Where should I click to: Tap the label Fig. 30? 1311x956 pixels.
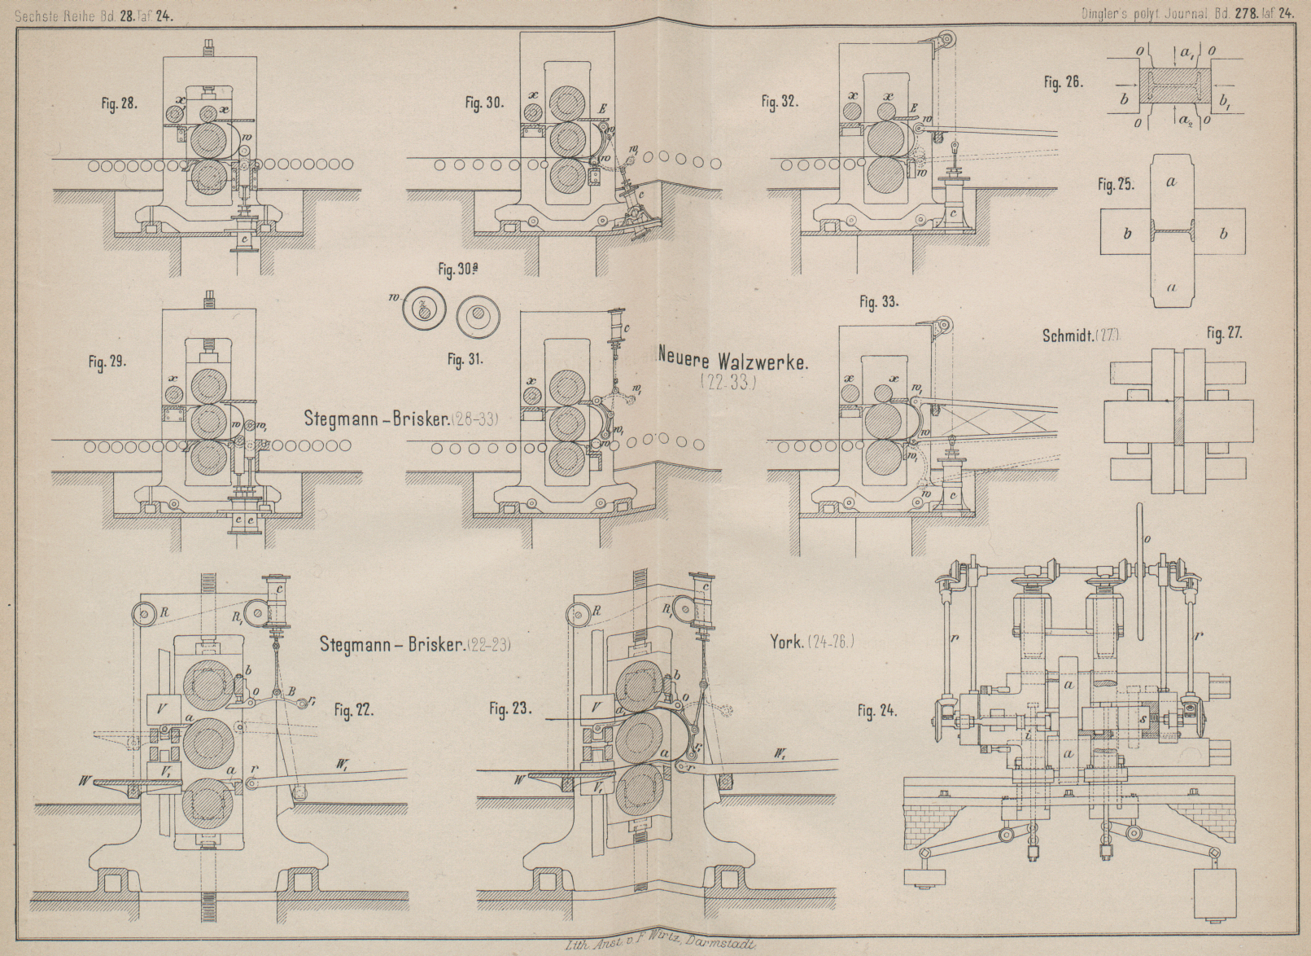coord(484,103)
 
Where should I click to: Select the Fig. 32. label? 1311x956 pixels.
coord(780,102)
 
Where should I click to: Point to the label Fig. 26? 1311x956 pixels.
coord(1063,82)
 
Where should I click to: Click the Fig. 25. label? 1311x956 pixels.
coord(1116,185)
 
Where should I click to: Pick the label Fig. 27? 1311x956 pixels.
coord(1224,333)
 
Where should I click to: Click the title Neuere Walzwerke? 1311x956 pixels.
coord(732,361)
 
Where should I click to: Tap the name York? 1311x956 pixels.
coord(787,642)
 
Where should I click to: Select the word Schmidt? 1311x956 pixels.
coord(1066,335)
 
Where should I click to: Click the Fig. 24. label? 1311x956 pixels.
coord(877,711)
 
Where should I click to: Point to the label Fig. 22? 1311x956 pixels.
coord(354,710)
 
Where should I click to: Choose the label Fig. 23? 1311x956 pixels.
coord(510,709)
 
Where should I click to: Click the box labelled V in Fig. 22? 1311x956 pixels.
coord(161,708)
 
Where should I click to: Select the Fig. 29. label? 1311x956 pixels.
coord(107,361)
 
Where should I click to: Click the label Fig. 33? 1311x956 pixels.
coord(878,302)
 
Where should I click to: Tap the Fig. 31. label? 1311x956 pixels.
coord(465,359)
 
